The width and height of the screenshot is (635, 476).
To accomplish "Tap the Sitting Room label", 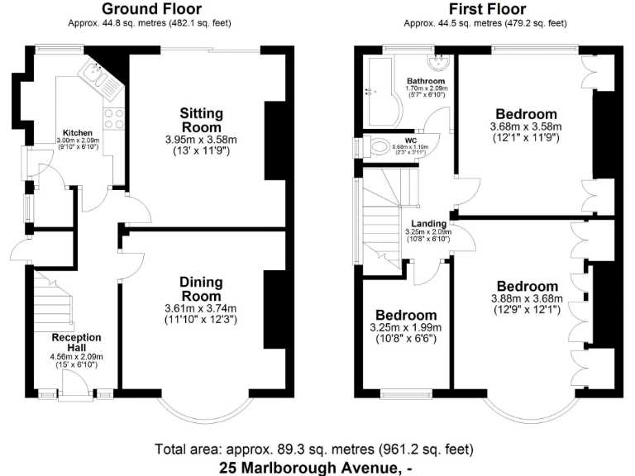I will pos(201,120).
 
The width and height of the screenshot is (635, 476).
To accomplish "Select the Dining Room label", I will pos(201,289).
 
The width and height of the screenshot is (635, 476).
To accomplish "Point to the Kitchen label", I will pos(78,132).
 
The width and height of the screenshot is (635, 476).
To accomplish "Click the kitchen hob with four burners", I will pos(114,120).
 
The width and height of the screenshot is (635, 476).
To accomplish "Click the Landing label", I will pos(430,223).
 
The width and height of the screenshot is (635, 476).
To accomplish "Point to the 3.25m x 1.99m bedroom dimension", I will pos(406,327).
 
